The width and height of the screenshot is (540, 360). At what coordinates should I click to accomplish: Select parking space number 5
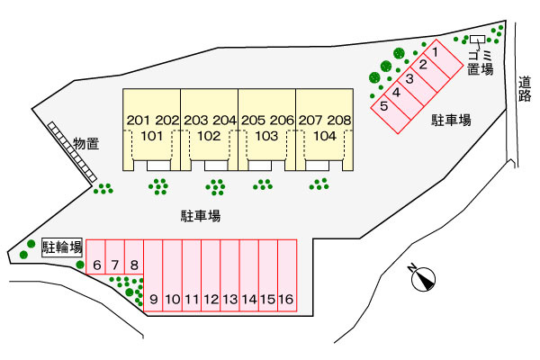(x=391, y=113)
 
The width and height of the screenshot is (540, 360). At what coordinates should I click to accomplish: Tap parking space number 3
(x=417, y=85)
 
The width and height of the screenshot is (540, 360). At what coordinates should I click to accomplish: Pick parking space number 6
(x=95, y=257)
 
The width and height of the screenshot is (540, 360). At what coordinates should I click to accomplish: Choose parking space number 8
(x=134, y=257)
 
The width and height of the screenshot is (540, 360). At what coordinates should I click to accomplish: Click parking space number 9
(x=153, y=275)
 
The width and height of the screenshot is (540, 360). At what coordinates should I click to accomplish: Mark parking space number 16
(x=287, y=275)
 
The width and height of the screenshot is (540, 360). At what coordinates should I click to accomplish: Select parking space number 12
(x=211, y=275)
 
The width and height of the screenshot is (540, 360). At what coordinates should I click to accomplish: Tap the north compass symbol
(x=423, y=278)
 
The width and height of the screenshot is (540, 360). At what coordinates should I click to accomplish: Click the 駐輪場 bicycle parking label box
(x=62, y=247)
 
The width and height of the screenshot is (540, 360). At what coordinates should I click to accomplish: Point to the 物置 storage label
(x=86, y=143)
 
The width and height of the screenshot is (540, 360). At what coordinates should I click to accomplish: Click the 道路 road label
(x=525, y=89)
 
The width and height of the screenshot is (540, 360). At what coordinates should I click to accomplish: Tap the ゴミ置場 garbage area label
(x=481, y=63)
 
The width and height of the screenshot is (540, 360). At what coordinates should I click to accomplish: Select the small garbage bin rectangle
(x=478, y=40)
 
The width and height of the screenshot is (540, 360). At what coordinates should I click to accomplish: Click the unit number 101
(x=151, y=137)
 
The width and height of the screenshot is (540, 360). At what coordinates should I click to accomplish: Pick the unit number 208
(x=339, y=121)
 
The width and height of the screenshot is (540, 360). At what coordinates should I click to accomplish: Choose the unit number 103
(x=266, y=137)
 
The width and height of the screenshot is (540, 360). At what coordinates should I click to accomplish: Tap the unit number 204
(x=224, y=121)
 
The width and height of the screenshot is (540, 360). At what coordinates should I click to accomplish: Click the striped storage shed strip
(x=72, y=152)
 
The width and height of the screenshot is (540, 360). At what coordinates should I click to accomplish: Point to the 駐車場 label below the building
(x=201, y=216)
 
